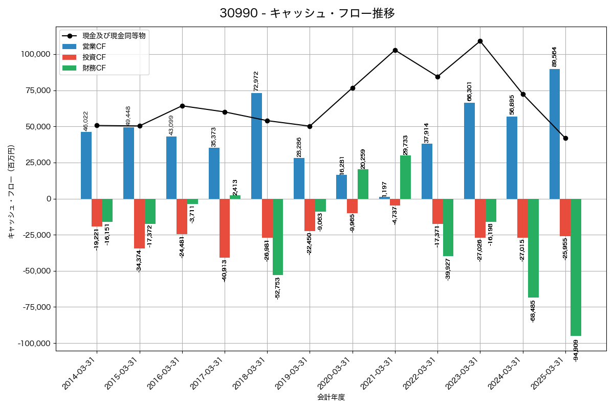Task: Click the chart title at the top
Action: tap(307, 13)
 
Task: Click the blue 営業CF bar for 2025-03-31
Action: tap(554, 134)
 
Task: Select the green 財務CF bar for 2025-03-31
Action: tap(576, 267)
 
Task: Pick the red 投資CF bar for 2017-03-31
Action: tap(225, 228)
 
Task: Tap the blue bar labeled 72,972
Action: tap(257, 146)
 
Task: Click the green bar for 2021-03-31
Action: tap(405, 177)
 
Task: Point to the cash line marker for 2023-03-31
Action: tap(480, 41)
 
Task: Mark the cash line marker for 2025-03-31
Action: tap(565, 138)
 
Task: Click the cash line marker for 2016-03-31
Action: tap(182, 106)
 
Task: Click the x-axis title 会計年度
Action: tap(331, 397)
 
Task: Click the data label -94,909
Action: tap(576, 350)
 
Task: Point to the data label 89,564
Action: tap(554, 56)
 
